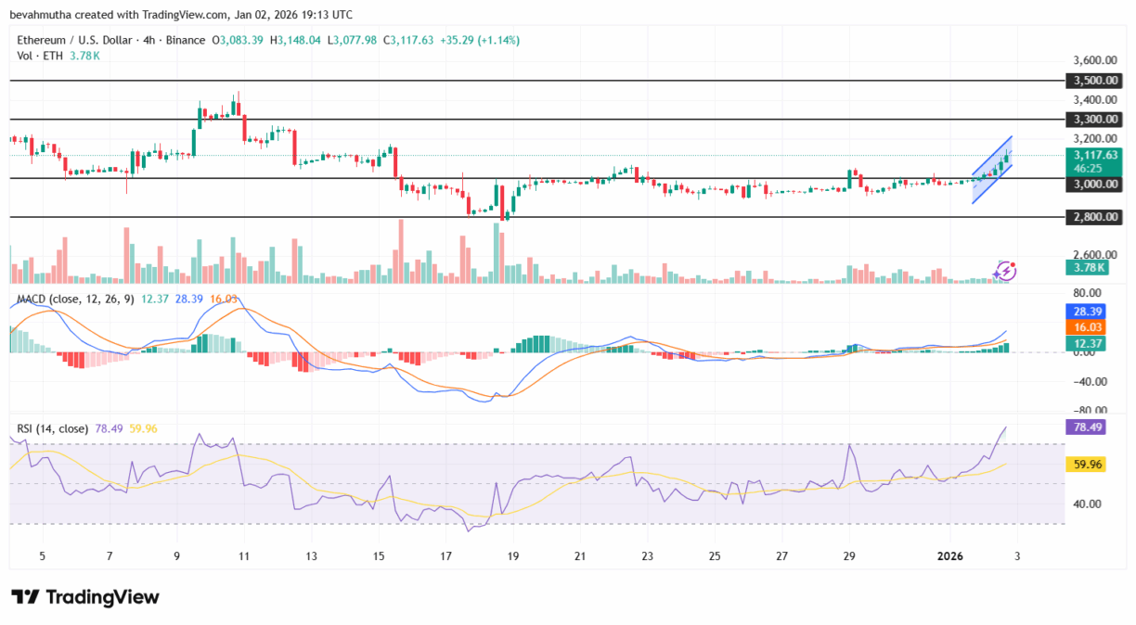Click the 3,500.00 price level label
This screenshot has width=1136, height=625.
(1095, 82)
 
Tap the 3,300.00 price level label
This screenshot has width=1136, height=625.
(1095, 120)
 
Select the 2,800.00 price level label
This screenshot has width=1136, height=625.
(1095, 217)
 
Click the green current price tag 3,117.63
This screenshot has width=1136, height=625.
(1095, 155)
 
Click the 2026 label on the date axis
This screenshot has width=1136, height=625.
(951, 556)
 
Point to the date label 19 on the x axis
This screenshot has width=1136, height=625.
(512, 556)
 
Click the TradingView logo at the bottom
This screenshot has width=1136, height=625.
(85, 597)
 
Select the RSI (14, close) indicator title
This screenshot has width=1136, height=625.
(53, 428)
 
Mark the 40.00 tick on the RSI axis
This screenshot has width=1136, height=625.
(1086, 504)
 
